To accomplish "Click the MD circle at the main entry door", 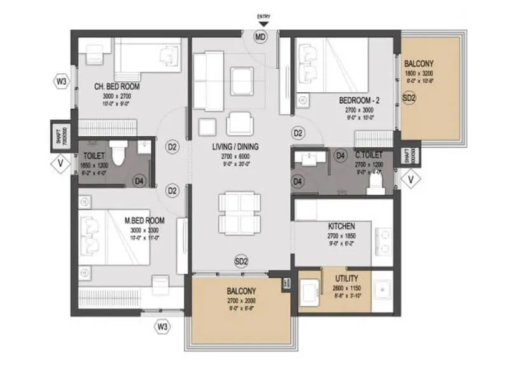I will (261, 38).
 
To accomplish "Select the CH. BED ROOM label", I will (117, 87).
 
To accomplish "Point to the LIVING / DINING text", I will (235, 146).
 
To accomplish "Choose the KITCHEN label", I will (341, 227).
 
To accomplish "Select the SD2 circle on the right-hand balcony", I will (409, 99).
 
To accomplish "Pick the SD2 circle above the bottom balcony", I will (241, 261).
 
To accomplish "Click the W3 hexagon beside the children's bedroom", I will (61, 81).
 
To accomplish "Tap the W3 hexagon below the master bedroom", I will (163, 327).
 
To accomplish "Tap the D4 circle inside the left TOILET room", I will (139, 181).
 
